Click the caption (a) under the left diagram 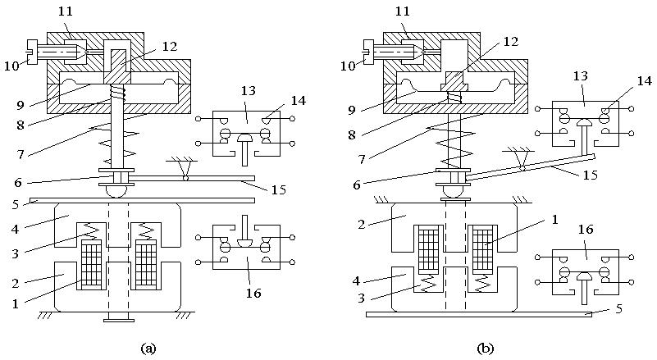click(148, 348)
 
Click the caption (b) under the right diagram click(486, 348)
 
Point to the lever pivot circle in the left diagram click(186, 177)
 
